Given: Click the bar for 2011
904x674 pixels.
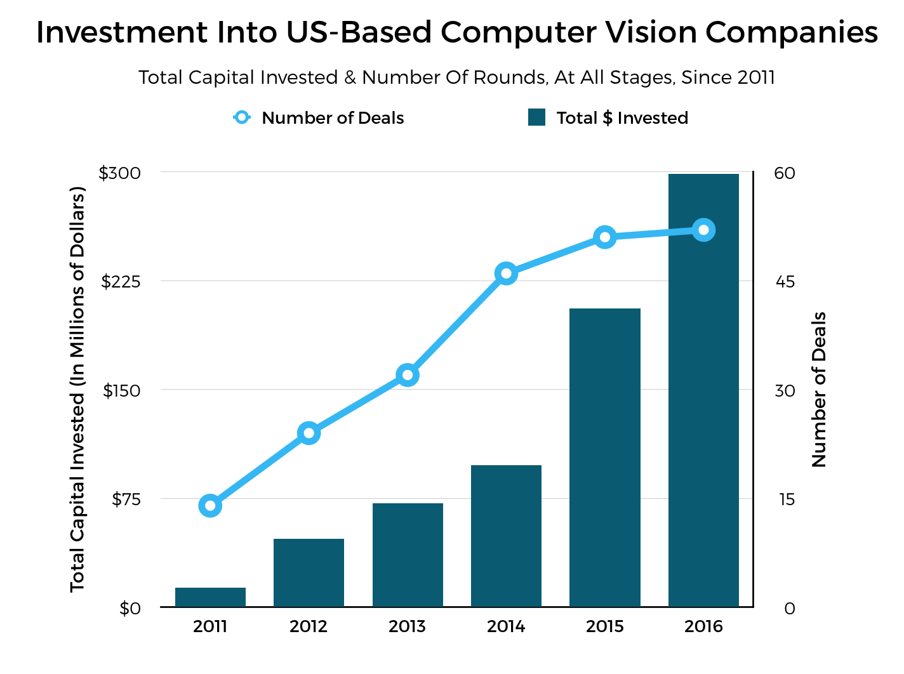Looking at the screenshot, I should point(210,597).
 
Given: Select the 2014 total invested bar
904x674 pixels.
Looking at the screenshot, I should point(506,536).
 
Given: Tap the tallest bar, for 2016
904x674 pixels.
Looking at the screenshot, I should point(703,390).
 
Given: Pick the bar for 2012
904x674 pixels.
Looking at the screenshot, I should point(309,572).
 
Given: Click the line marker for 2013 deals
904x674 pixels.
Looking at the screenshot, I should point(408,375).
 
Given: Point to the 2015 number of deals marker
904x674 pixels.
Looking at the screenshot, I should point(605,237).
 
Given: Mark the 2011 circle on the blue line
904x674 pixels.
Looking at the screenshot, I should point(210,506).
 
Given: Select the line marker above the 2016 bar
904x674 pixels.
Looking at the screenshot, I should point(703,230).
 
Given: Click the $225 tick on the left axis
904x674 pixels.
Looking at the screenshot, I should point(121,281).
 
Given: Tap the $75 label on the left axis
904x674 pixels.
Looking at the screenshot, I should point(126,499).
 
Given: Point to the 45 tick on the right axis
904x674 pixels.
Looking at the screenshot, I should point(785,281).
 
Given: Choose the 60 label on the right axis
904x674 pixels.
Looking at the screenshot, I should point(785,173).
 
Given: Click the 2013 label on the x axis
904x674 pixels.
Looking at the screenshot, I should point(408,626).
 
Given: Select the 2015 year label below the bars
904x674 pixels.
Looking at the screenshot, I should point(605,626).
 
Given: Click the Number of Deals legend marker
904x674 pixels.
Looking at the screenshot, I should point(242,117).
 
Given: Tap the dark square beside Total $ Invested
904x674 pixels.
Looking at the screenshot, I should point(536,117).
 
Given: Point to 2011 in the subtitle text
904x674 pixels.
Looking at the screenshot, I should point(756,77).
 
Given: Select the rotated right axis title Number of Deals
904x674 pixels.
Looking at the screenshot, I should point(820,390).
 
